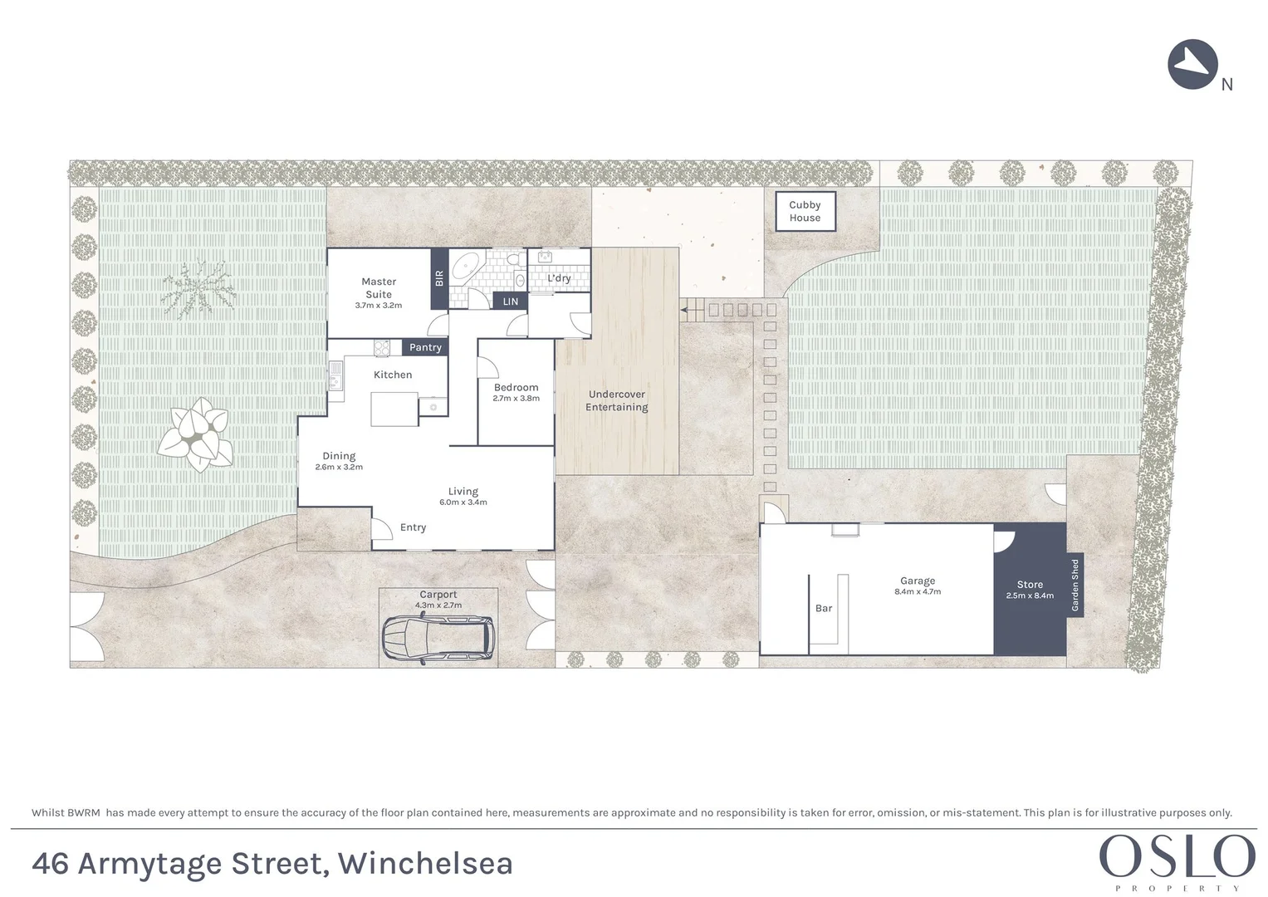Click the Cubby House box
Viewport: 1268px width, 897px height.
[x=805, y=212]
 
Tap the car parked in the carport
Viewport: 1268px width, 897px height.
[x=438, y=639]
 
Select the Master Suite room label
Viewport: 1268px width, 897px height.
[x=379, y=288]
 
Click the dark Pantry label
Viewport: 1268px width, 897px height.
[x=425, y=347]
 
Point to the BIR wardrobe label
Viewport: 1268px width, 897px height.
[x=439, y=278]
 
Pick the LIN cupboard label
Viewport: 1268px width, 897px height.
[x=510, y=301]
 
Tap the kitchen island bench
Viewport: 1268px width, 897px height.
[x=394, y=409]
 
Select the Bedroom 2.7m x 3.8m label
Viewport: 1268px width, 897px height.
[x=516, y=392]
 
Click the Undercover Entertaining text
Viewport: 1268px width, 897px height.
[x=617, y=400]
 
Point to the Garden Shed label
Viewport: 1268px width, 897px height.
[x=1075, y=586]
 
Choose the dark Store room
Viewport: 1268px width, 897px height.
[x=1030, y=590]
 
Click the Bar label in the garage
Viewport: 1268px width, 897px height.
[x=824, y=608]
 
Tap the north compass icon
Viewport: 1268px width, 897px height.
[x=1192, y=64]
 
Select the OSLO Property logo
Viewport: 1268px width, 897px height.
[x=1177, y=860]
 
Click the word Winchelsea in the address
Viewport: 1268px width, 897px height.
[x=425, y=864]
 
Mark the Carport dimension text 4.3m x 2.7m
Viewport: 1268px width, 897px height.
[x=438, y=605]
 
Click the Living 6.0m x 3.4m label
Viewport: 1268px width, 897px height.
[x=463, y=496]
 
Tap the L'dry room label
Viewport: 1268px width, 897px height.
[x=559, y=278]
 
